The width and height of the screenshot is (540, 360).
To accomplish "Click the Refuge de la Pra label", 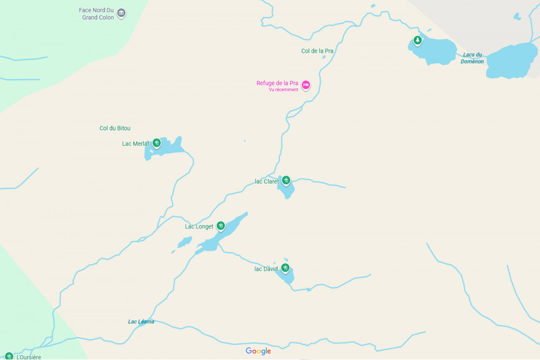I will pos(277,84).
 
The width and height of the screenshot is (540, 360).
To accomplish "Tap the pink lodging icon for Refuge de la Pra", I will pos(306,85).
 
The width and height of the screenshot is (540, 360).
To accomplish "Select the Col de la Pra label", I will pos(317,51).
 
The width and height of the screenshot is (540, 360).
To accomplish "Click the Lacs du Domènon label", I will pos(473,58).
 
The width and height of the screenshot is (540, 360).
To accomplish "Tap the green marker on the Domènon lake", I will pos(418,41).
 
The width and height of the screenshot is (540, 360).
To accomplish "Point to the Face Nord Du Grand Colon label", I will pos(96,14).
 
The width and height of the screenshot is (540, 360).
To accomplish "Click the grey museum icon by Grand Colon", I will pos(122,13).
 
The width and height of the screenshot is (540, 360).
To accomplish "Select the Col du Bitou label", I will pos(115,128).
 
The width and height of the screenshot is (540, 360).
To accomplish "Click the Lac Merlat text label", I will pos(135,143).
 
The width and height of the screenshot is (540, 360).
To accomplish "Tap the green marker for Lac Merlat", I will pos(157,143).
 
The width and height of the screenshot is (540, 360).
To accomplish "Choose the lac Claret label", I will pos(266,181).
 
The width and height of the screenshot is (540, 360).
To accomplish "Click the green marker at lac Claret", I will pos(286,180).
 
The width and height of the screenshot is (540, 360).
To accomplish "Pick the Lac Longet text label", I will pos(199,226).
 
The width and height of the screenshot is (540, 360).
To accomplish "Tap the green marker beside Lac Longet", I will pos(221,226).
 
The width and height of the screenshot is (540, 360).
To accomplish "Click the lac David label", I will pos(266,269).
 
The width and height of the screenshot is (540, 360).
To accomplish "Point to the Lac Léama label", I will pos(141,322).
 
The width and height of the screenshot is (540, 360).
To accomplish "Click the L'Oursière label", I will pos(28,357).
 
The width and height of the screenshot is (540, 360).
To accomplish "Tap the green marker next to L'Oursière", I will pos(9,356).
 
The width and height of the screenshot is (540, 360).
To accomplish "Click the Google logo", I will pos(258,351).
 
